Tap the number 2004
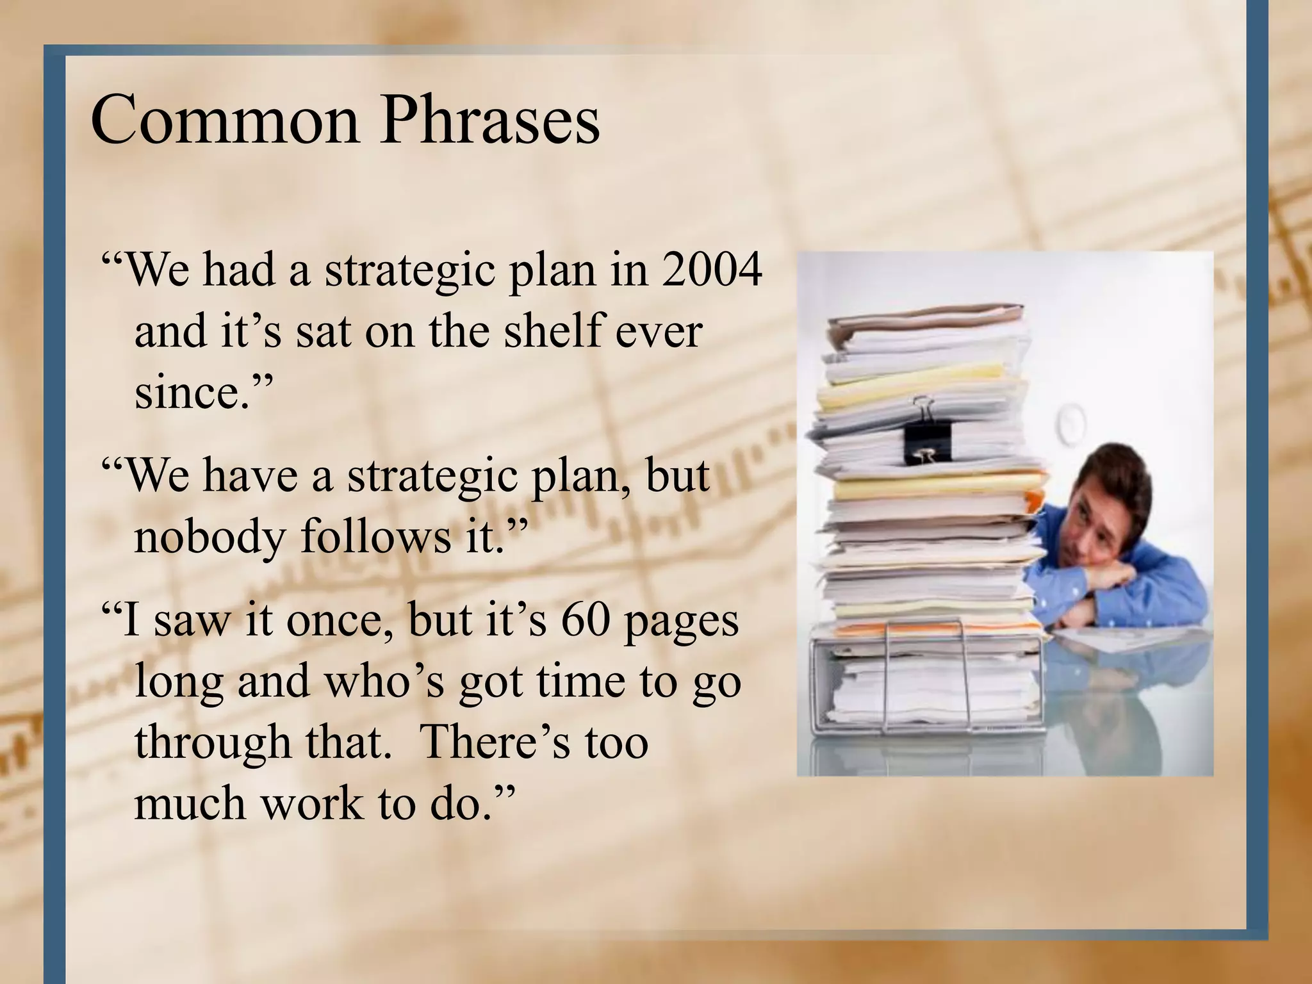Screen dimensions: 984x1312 pos(712,270)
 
